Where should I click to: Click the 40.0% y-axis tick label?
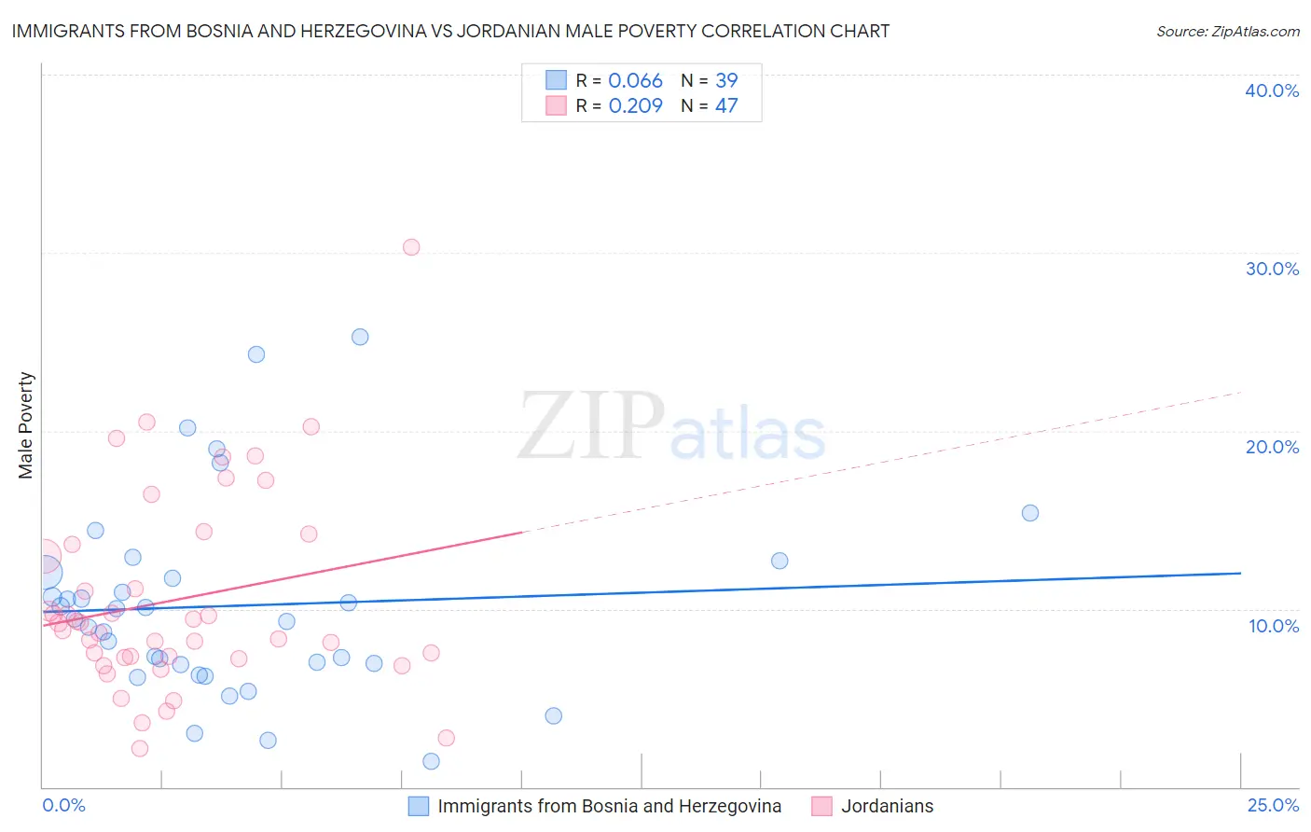pos(1271,90)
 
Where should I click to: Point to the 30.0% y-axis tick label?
pos(1271,269)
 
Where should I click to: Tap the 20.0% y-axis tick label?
pos(1271,447)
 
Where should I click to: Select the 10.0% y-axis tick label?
pos(1273,626)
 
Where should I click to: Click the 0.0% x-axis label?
pos(63,805)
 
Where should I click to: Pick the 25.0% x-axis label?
pos(1273,805)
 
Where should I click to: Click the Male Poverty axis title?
pos(26,425)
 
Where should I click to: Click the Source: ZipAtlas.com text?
pos(1227,32)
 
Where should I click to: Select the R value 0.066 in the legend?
pos(635,81)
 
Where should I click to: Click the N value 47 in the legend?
pos(726,106)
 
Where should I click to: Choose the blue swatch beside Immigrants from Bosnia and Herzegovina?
pos(419,806)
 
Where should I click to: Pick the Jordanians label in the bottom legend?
pos(887,806)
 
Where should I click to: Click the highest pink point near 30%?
pos(411,247)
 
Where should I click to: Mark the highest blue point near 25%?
pos(360,337)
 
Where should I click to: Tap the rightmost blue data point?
pos(1030,513)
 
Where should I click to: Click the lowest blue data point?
pos(431,761)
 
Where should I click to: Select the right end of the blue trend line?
pos(1240,573)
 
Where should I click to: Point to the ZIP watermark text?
pos(591,426)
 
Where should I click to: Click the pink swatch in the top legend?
pos(556,106)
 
